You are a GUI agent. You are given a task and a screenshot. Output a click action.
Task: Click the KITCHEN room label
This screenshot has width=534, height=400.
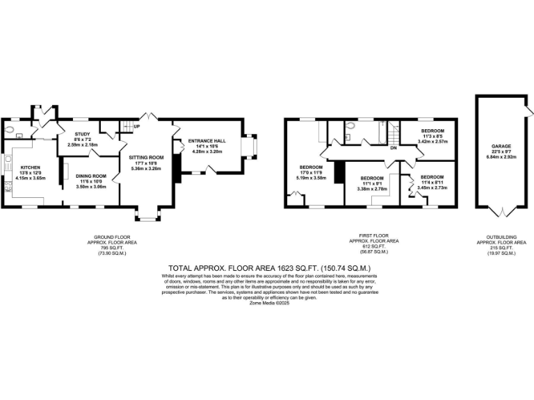pos(30,168)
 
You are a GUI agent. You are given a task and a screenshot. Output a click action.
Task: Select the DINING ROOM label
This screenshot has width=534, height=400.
pos(90,176)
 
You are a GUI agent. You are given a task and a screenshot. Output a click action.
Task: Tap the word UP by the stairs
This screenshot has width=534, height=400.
pos(137,126)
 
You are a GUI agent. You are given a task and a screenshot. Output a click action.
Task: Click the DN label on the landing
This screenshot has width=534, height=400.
pos(393,147)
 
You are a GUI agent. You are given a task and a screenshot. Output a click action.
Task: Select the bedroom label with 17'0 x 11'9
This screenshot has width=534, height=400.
pos(311,167)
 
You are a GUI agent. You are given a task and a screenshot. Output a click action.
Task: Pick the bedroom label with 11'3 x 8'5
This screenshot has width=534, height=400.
pos(430,131)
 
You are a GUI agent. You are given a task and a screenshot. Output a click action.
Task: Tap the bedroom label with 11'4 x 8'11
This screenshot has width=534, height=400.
pos(432,177)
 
